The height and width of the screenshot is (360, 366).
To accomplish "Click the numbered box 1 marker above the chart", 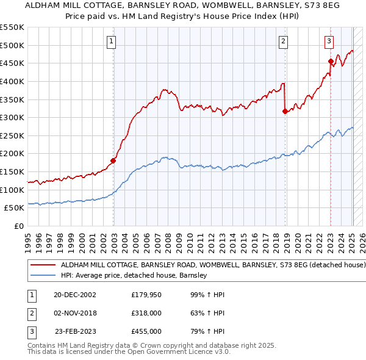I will [x=113, y=41].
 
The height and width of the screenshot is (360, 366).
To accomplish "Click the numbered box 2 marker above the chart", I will [x=284, y=41].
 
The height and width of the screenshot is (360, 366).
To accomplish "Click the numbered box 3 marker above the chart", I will [x=329, y=41].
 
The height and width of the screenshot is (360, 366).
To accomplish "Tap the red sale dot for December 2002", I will [x=113, y=161].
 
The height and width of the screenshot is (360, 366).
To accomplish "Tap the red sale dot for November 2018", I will [x=285, y=111].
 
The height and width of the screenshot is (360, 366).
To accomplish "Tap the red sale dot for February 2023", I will [x=331, y=61].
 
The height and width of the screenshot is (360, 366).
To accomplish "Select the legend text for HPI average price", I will [x=134, y=275].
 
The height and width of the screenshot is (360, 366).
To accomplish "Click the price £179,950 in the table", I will [x=147, y=295].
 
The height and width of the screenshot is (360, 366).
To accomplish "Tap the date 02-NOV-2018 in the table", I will [x=75, y=313].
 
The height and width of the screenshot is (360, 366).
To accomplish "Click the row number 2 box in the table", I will [x=30, y=313].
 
